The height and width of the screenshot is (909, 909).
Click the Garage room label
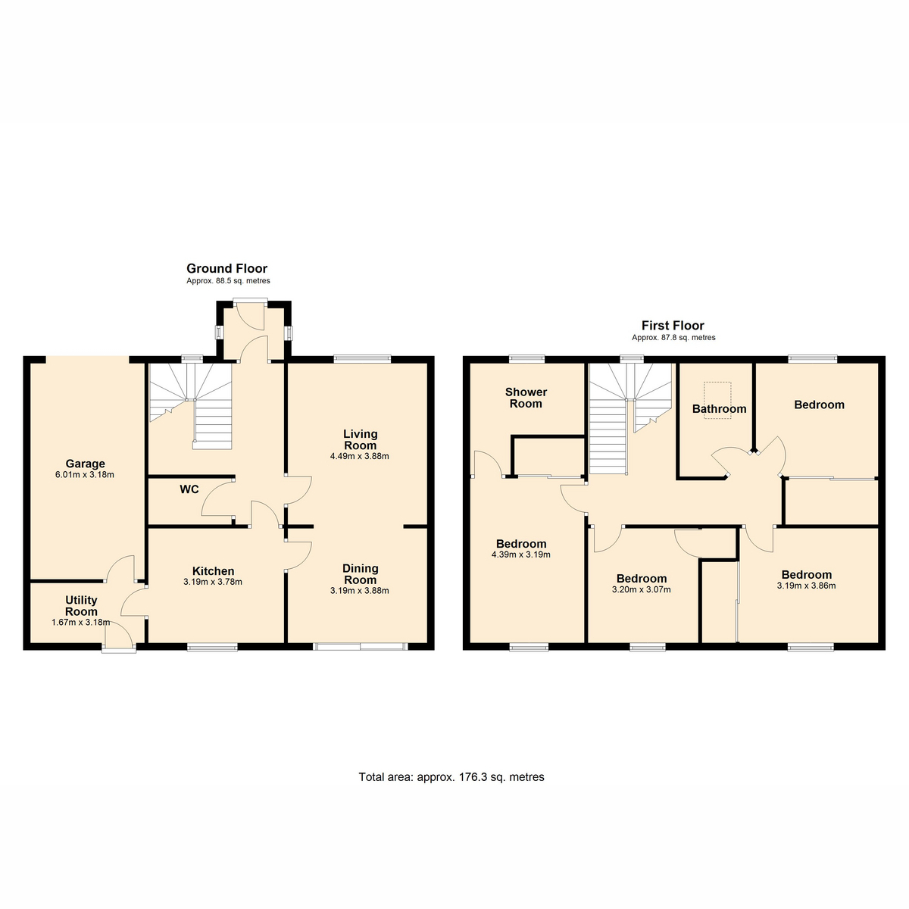click(85, 464)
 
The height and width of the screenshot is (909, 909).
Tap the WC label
click(189, 489)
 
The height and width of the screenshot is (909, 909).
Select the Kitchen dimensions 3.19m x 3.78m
click(213, 582)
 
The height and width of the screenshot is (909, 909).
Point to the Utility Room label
click(81, 606)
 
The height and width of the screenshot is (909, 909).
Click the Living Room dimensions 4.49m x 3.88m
click(360, 456)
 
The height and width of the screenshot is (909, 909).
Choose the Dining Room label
click(361, 574)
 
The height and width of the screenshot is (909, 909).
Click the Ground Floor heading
click(227, 268)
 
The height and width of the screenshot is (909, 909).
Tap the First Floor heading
click(673, 326)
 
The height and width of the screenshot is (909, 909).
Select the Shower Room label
click(526, 398)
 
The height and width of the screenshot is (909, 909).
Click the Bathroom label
click(720, 408)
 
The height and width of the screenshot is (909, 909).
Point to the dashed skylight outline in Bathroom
click(717, 400)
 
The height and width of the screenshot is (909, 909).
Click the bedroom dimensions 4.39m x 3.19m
click(520, 554)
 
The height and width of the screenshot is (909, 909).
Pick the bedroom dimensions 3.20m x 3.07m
click(641, 589)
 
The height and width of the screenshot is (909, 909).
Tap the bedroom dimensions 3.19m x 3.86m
click(806, 586)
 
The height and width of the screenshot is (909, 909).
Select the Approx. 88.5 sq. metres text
click(228, 281)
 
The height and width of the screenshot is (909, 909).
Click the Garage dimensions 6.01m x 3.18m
click(85, 475)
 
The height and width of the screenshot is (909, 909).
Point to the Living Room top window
click(363, 358)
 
